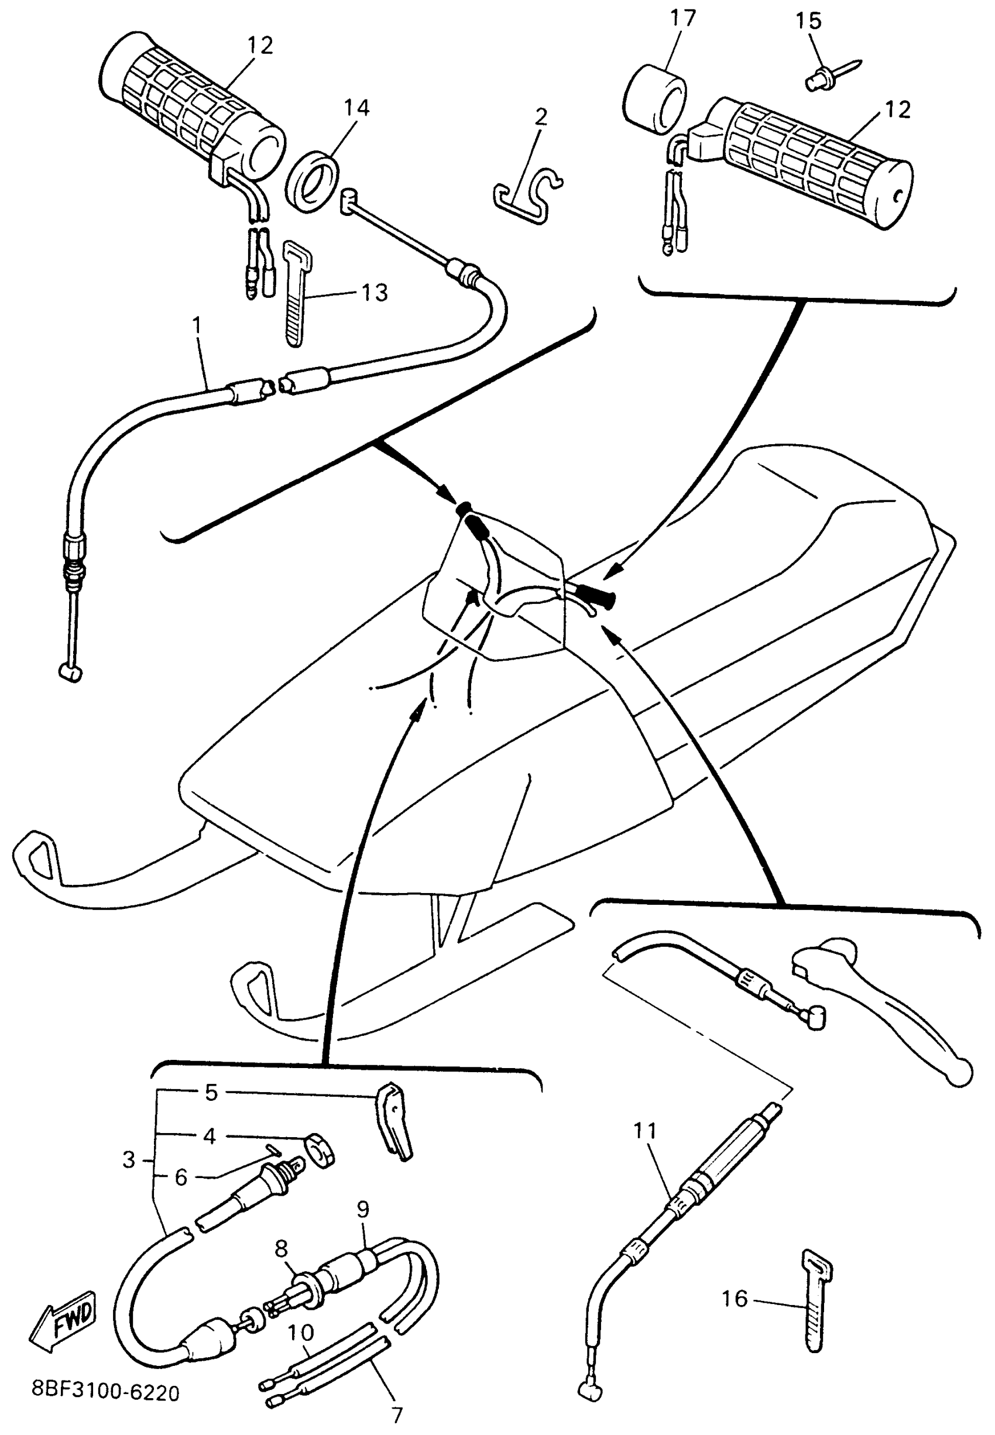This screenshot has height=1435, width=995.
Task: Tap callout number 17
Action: pyautogui.click(x=682, y=18)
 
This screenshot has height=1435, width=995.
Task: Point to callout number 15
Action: pyautogui.click(x=809, y=20)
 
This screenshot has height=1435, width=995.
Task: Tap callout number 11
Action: pyautogui.click(x=645, y=1130)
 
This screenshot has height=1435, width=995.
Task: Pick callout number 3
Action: pyautogui.click(x=129, y=1159)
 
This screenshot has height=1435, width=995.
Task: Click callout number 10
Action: pyautogui.click(x=300, y=1333)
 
